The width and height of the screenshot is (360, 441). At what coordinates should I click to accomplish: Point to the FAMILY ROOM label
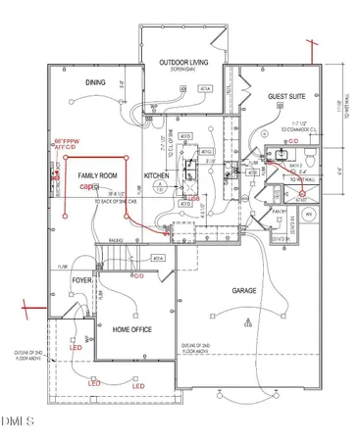[x=97, y=173]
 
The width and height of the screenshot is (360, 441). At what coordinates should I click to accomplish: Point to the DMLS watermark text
[x=17, y=422]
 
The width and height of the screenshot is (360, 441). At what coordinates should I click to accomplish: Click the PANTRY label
[x=278, y=212]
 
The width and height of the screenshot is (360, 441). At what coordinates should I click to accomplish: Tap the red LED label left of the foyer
[x=75, y=347]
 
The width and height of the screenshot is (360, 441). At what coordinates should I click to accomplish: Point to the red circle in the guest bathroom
[x=302, y=195]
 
